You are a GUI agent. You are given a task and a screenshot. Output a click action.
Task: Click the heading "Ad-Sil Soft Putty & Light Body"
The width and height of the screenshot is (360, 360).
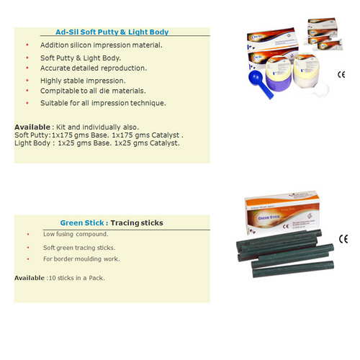pos(112,32)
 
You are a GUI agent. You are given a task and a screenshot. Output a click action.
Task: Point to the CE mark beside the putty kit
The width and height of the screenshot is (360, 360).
pos(341,74)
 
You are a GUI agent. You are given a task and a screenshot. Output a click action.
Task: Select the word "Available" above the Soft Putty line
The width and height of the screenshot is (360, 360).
pos(31,127)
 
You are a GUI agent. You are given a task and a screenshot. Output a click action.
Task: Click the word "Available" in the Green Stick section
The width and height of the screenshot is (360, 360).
pos(30,278)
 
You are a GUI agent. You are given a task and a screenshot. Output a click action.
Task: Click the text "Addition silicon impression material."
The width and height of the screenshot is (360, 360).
pos(102,45)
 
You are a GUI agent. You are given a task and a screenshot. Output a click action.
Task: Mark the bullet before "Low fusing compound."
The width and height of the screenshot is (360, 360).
pos(27,235)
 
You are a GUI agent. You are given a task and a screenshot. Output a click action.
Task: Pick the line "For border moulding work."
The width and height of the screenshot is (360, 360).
pos(81,259)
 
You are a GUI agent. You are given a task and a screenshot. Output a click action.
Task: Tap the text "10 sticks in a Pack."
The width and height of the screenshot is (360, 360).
pos(76,278)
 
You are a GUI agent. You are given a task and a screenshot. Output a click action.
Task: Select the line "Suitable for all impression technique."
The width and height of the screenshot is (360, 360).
pos(104,103)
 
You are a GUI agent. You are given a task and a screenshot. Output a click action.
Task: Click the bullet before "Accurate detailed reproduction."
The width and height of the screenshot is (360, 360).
pos(27,68)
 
